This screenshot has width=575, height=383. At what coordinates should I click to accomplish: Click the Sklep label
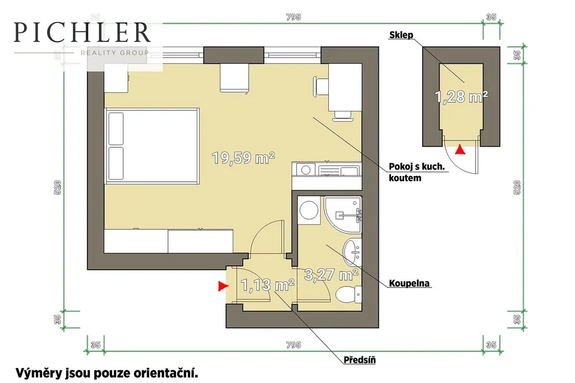[401, 35]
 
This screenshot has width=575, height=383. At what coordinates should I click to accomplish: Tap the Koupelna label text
[409, 283]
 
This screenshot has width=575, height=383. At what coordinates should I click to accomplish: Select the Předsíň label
[359, 359]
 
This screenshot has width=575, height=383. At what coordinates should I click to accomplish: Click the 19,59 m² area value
[243, 158]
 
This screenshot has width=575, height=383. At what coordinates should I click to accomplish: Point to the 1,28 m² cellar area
[461, 97]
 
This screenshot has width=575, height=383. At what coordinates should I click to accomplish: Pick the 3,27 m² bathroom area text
[331, 274]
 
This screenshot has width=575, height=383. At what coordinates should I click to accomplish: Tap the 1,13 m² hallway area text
[267, 285]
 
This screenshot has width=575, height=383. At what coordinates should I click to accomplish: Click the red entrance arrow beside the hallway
[223, 286]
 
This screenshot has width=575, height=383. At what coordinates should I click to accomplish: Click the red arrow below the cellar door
[460, 150]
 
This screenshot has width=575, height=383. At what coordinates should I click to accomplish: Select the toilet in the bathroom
[349, 294]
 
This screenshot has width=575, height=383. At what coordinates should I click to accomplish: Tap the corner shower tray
[343, 215]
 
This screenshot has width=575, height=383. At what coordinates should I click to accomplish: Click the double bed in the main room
[152, 146]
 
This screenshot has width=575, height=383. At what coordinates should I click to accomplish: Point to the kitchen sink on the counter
[339, 170]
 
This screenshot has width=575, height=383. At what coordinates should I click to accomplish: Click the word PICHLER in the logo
[82, 32]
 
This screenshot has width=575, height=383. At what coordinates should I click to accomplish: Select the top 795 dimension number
[293, 17]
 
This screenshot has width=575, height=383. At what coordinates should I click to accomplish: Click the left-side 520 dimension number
[57, 187]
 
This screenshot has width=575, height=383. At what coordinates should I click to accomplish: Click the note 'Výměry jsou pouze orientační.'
[107, 373]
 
